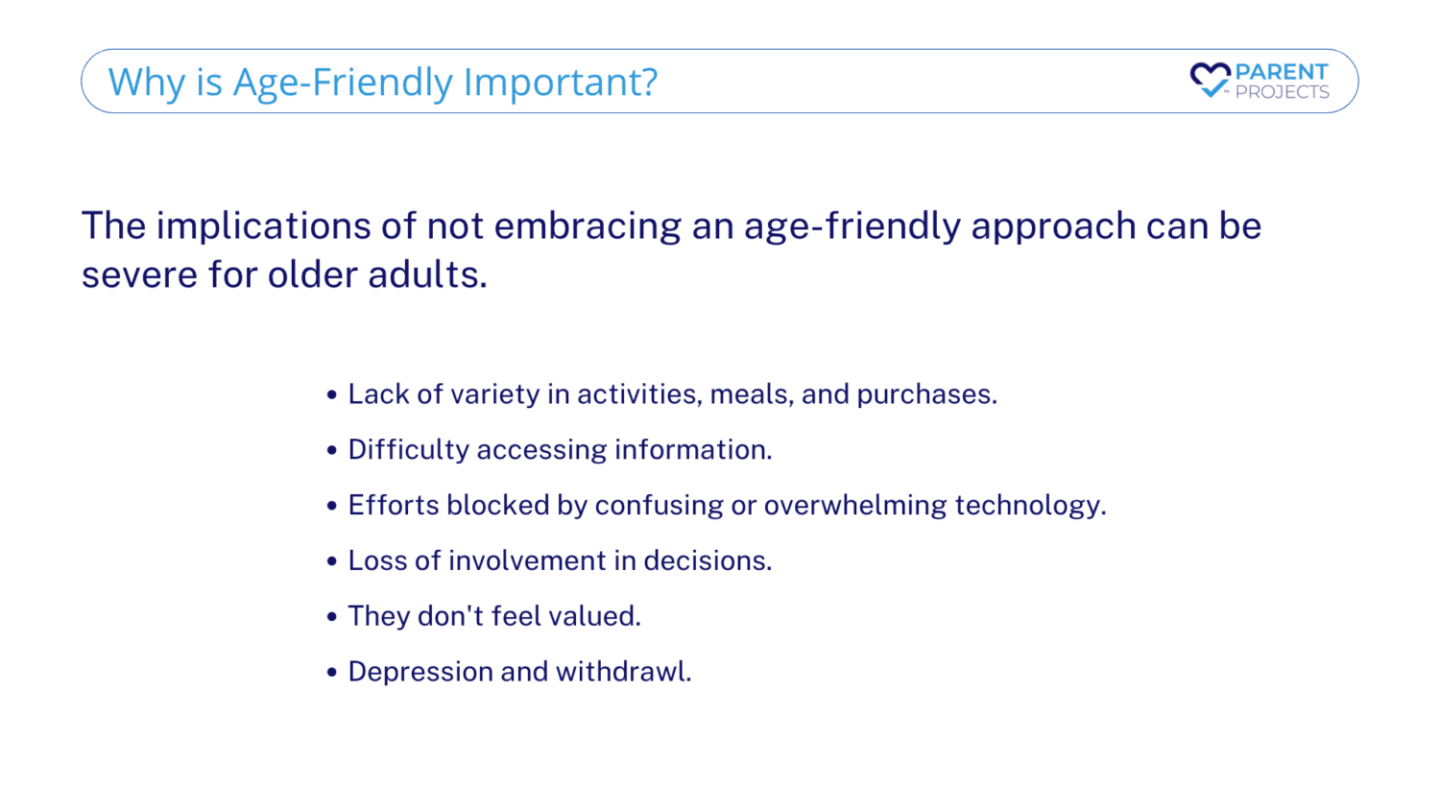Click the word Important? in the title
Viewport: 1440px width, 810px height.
coord(560,83)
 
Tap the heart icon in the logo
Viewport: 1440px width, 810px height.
coord(1210,80)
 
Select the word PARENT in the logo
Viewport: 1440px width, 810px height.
coord(1282,71)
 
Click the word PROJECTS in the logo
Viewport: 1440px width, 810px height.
coord(1282,92)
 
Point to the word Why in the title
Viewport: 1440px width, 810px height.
coord(147,83)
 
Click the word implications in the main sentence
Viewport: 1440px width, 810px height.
coord(264,226)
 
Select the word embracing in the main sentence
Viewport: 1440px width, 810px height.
coord(587,226)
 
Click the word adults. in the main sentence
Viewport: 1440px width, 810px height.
coord(427,274)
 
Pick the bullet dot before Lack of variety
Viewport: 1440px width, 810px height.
coord(332,394)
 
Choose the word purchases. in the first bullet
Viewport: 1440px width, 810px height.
coord(927,394)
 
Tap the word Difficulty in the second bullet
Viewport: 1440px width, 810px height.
coord(408,450)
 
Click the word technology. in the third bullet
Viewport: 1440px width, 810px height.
coord(1030,505)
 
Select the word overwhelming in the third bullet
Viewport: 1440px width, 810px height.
coord(855,505)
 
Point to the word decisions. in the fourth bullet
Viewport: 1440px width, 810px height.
coord(708,560)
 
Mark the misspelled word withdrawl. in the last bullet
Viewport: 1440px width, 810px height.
coord(624,672)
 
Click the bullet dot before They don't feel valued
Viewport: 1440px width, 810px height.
coord(332,617)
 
